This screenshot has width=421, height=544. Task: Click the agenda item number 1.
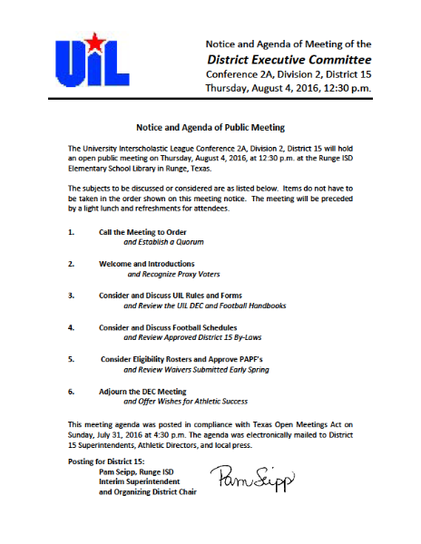tap(71, 233)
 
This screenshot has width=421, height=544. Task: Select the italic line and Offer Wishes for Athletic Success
tap(185, 401)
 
